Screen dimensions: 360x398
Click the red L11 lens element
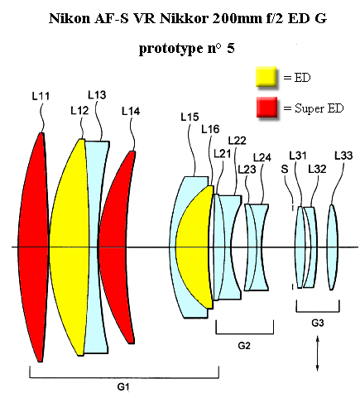(33, 247)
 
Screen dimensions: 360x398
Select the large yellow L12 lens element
(69, 247)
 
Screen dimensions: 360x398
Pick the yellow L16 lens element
(194, 247)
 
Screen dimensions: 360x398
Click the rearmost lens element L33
(333, 247)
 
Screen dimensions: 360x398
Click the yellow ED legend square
(266, 77)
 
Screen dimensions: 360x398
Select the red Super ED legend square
(266, 107)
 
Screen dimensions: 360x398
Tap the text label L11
(41, 96)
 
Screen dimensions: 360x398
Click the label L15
(190, 117)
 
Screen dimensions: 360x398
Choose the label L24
(262, 157)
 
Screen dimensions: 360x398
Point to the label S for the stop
(285, 169)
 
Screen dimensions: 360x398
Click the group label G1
(123, 386)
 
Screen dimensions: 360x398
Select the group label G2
(244, 345)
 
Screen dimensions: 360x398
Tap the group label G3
(318, 323)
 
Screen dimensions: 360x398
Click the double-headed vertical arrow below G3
(317, 353)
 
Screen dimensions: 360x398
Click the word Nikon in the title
(70, 18)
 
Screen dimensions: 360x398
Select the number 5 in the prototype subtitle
(231, 48)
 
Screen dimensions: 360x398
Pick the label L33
(343, 156)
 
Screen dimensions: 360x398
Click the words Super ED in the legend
(319, 108)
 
